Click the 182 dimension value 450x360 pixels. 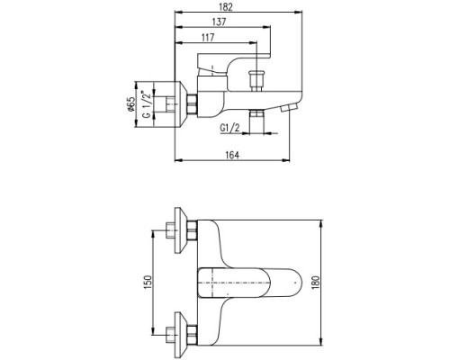[226, 7]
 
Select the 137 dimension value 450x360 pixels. [219, 22]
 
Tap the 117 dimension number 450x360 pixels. [208, 38]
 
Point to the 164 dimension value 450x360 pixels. [232, 155]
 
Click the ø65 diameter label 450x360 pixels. [130, 104]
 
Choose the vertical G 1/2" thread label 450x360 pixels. [147, 103]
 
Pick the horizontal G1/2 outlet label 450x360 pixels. [230, 128]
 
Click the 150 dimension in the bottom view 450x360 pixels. [148, 282]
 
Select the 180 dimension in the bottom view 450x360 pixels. [316, 283]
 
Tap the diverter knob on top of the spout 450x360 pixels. [257, 81]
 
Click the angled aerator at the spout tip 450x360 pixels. [289, 108]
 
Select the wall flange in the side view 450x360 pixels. [181, 104]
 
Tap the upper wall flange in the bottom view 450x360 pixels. [181, 231]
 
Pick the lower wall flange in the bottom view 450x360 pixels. [181, 335]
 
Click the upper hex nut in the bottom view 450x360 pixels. [192, 231]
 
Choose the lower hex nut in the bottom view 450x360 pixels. [192, 335]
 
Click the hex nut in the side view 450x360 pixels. [192, 104]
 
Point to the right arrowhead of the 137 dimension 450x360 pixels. [266, 27]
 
